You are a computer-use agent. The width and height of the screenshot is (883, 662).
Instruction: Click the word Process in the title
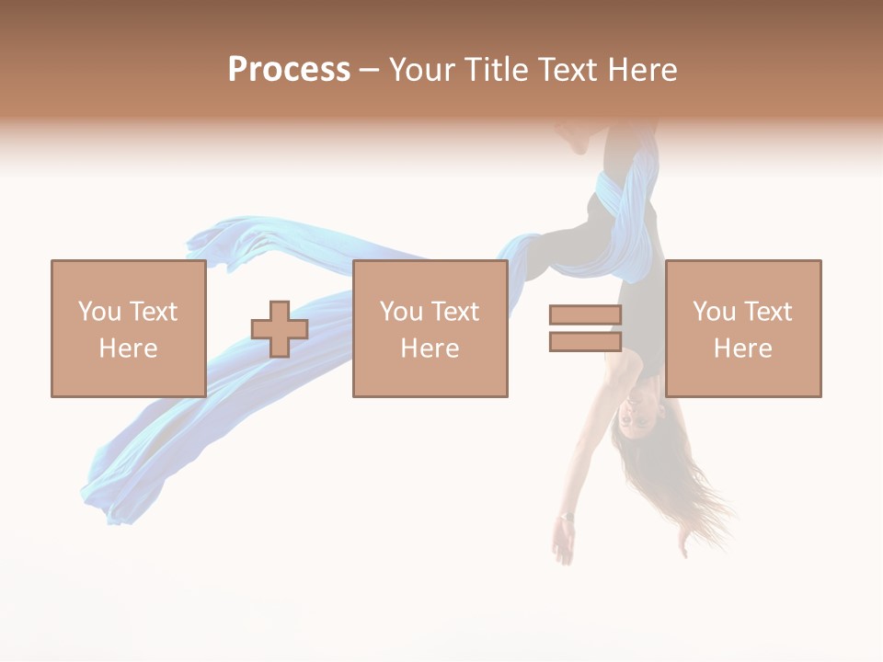pyautogui.click(x=289, y=70)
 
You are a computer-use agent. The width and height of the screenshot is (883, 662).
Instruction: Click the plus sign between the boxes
pyautogui.click(x=280, y=329)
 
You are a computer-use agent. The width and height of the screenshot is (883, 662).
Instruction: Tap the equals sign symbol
pyautogui.click(x=585, y=328)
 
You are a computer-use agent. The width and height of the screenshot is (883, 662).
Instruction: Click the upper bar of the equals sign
pyautogui.click(x=585, y=315)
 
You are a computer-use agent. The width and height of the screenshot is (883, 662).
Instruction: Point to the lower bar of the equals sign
pyautogui.click(x=585, y=341)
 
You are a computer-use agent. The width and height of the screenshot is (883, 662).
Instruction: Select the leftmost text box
pyautogui.click(x=128, y=328)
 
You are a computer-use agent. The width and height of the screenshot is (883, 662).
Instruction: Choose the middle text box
pyautogui.click(x=430, y=328)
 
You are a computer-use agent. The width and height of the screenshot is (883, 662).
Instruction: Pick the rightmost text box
pyautogui.click(x=742, y=328)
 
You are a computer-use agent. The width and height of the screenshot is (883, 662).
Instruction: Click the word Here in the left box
pyautogui.click(x=128, y=348)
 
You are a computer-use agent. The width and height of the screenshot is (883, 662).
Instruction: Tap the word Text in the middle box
pyautogui.click(x=454, y=312)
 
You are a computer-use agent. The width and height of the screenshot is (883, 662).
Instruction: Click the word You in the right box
pyautogui.click(x=713, y=312)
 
